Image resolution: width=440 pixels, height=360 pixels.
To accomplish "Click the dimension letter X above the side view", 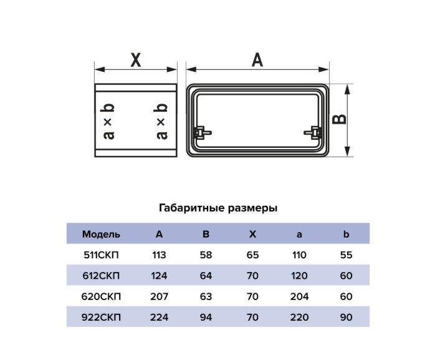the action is pyautogui.click(x=136, y=60).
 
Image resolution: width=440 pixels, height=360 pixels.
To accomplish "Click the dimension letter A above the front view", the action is pyautogui.click(x=257, y=60).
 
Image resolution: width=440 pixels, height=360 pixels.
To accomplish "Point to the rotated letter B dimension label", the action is pyautogui.click(x=339, y=119).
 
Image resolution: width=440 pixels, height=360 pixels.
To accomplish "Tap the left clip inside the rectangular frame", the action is pyautogui.click(x=202, y=133).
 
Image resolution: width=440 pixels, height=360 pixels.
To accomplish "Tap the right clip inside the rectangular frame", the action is pyautogui.click(x=313, y=133).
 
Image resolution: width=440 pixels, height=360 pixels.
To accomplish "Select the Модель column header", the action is pyautogui.click(x=101, y=235).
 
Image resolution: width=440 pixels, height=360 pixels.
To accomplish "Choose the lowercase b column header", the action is pyautogui.click(x=346, y=234).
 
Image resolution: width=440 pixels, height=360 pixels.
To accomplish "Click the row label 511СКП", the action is pyautogui.click(x=101, y=255).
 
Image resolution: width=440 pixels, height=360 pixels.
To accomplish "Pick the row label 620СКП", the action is pyautogui.click(x=101, y=296).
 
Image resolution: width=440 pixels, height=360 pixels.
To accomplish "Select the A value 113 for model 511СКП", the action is pyautogui.click(x=159, y=255).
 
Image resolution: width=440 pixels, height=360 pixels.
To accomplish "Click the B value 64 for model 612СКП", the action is pyautogui.click(x=206, y=276).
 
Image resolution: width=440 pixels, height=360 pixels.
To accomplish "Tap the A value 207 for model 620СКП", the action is pyautogui.click(x=159, y=296).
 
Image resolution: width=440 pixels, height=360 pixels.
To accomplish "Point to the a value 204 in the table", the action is pyautogui.click(x=299, y=296).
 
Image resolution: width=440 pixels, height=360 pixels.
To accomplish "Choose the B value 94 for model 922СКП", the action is pyautogui.click(x=206, y=318).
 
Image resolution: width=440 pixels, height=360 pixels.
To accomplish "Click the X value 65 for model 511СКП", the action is pyautogui.click(x=252, y=255).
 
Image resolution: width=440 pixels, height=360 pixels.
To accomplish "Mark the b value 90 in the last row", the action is pyautogui.click(x=346, y=318).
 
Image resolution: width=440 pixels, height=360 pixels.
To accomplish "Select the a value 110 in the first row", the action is pyautogui.click(x=299, y=255).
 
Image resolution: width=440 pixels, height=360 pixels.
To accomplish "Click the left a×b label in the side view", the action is pyautogui.click(x=108, y=122).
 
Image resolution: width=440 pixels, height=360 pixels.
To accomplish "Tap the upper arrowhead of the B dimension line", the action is pyautogui.click(x=347, y=89).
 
